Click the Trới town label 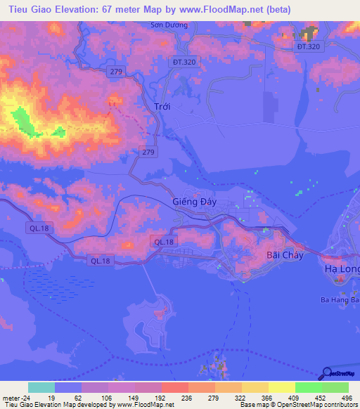click(x=162, y=107)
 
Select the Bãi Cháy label click(x=285, y=255)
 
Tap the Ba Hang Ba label click(x=340, y=300)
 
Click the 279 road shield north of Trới click(x=117, y=72)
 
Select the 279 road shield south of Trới click(x=148, y=152)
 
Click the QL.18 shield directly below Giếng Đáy click(x=163, y=241)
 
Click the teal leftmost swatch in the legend click(x=41, y=387)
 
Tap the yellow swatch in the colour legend click(x=281, y=387)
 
